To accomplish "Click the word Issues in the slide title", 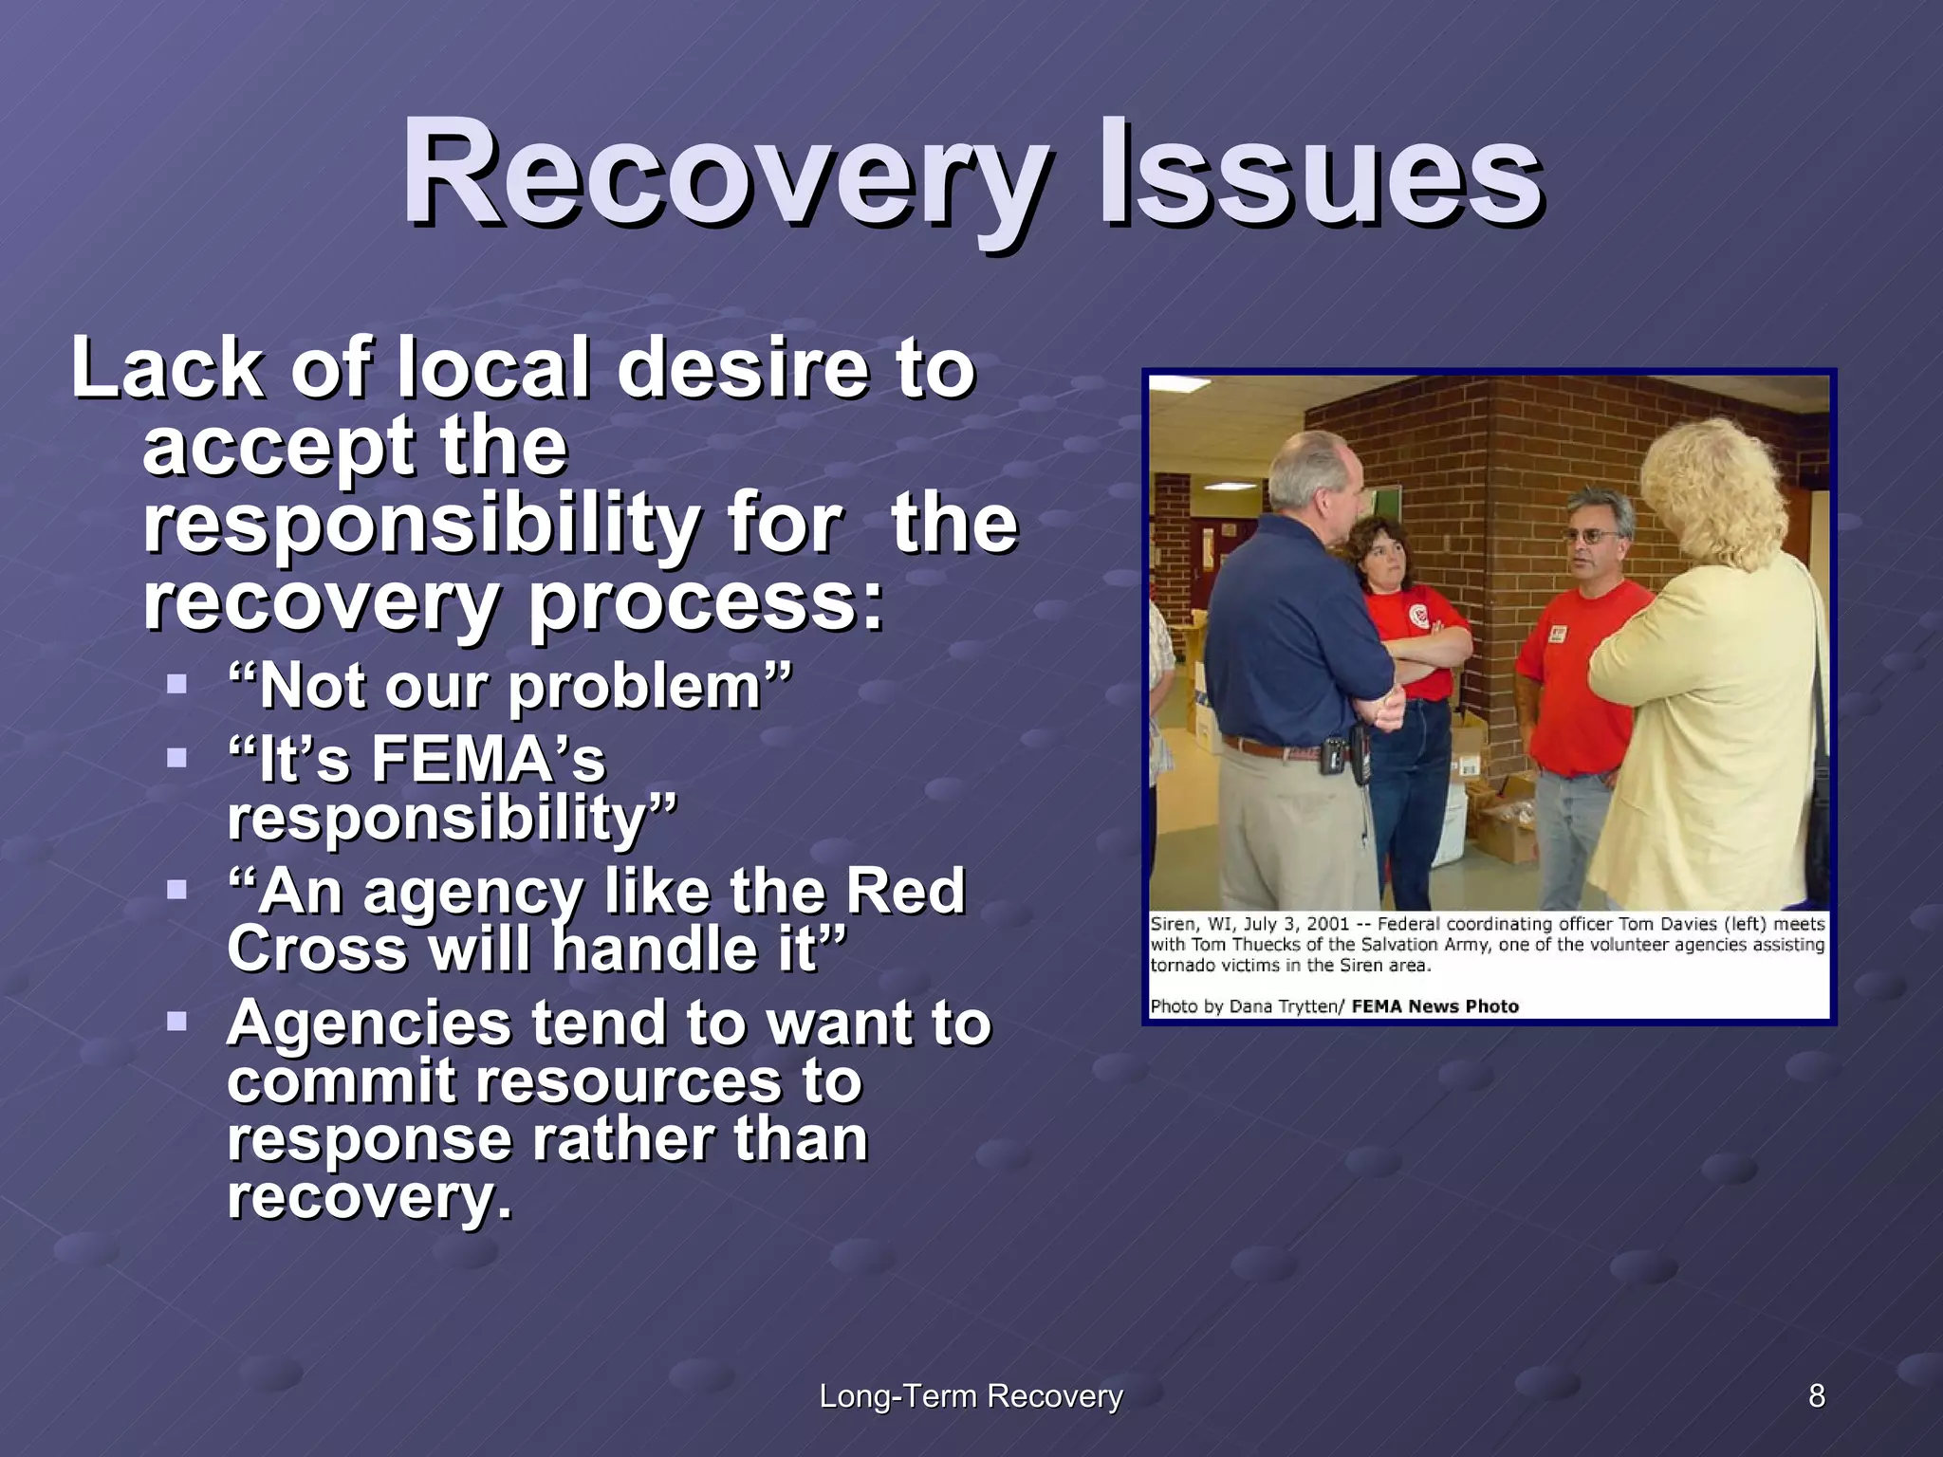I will click(1319, 175).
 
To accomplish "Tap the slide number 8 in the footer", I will click(1816, 1396).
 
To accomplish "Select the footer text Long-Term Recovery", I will click(970, 1396).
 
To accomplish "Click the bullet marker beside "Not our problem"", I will click(176, 683).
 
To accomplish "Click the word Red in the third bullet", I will click(904, 892).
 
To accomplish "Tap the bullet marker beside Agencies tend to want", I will click(176, 1022).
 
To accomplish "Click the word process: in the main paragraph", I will click(706, 602).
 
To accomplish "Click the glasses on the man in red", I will click(1593, 537).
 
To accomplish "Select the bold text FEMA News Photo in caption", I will click(1434, 1006).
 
